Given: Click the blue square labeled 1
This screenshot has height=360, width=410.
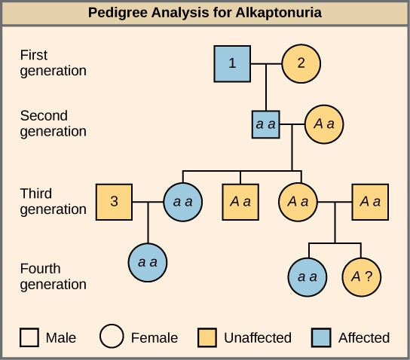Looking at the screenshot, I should click(232, 63).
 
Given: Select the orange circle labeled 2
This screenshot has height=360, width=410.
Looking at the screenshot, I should click(301, 63).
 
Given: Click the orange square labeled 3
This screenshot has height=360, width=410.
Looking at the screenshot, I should click(114, 202).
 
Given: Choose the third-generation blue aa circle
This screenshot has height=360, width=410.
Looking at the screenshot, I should click(183, 202).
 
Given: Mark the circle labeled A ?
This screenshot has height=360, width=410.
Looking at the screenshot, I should click(362, 276).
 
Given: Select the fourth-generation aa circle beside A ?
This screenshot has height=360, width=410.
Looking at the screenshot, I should click(307, 276).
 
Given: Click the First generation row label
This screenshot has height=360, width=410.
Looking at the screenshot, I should click(53, 63).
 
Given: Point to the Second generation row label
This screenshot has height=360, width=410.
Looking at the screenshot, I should click(53, 124).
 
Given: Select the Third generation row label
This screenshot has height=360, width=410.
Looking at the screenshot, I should click(53, 202).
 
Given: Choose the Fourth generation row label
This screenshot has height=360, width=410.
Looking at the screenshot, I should click(53, 276).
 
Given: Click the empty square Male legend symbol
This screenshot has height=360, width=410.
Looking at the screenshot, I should click(29, 337).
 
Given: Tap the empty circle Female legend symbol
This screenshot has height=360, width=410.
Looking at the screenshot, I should click(113, 337).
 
